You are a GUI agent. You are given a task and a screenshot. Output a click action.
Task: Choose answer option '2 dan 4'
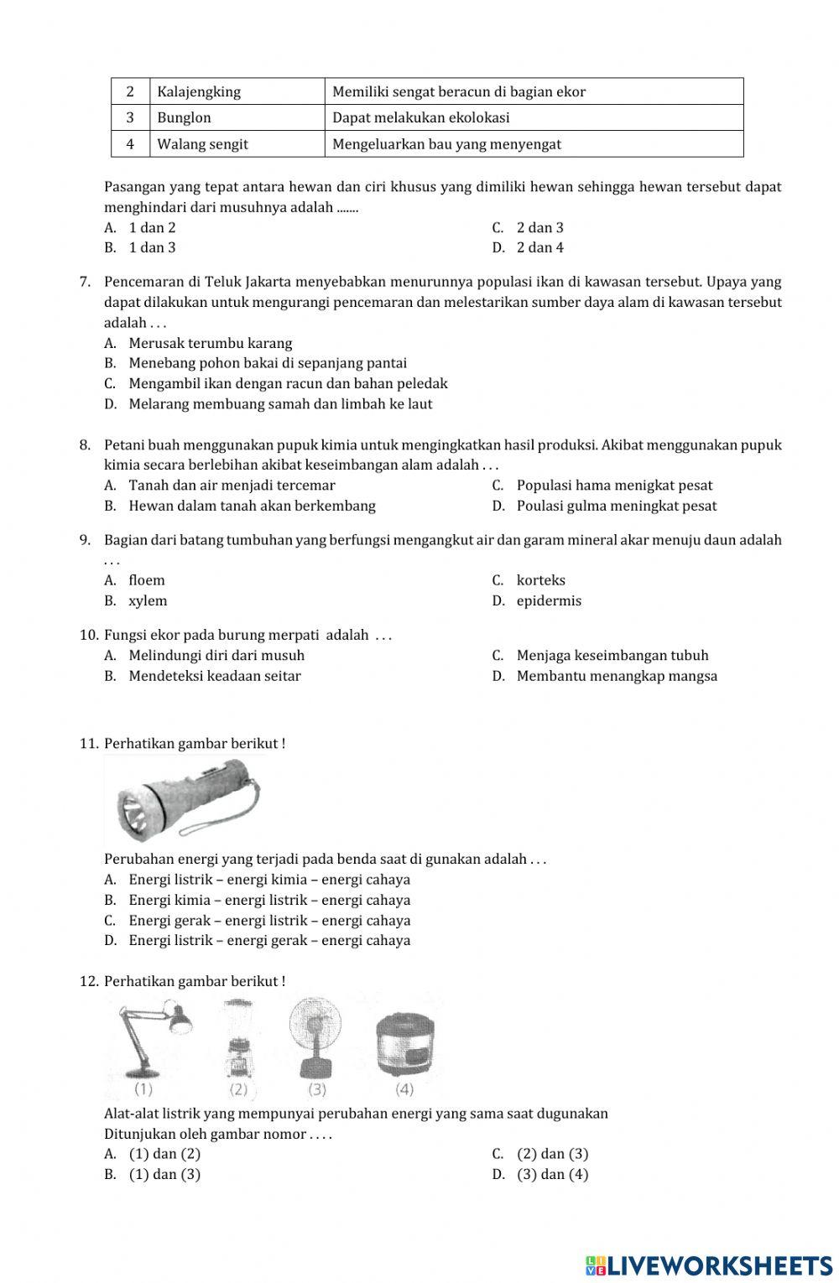[x=539, y=247]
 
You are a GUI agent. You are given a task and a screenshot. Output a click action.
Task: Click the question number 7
[x=85, y=282]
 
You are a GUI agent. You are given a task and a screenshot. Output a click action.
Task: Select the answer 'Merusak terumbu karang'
[x=210, y=343]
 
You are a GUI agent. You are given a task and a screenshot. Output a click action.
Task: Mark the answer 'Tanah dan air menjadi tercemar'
[x=232, y=486]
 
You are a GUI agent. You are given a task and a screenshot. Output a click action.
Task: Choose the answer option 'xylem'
[x=148, y=601]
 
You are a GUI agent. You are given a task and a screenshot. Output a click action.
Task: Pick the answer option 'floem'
[x=147, y=580]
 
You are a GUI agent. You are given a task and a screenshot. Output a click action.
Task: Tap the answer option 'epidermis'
[x=549, y=601]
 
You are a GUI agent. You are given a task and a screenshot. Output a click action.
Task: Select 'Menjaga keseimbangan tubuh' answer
[x=612, y=656]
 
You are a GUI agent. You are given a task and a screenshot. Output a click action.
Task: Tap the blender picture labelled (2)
[x=239, y=1040]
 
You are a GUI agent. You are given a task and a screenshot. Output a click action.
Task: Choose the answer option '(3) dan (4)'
[x=552, y=1174]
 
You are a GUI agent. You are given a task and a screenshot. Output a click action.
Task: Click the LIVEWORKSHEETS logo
[x=709, y=1265]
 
